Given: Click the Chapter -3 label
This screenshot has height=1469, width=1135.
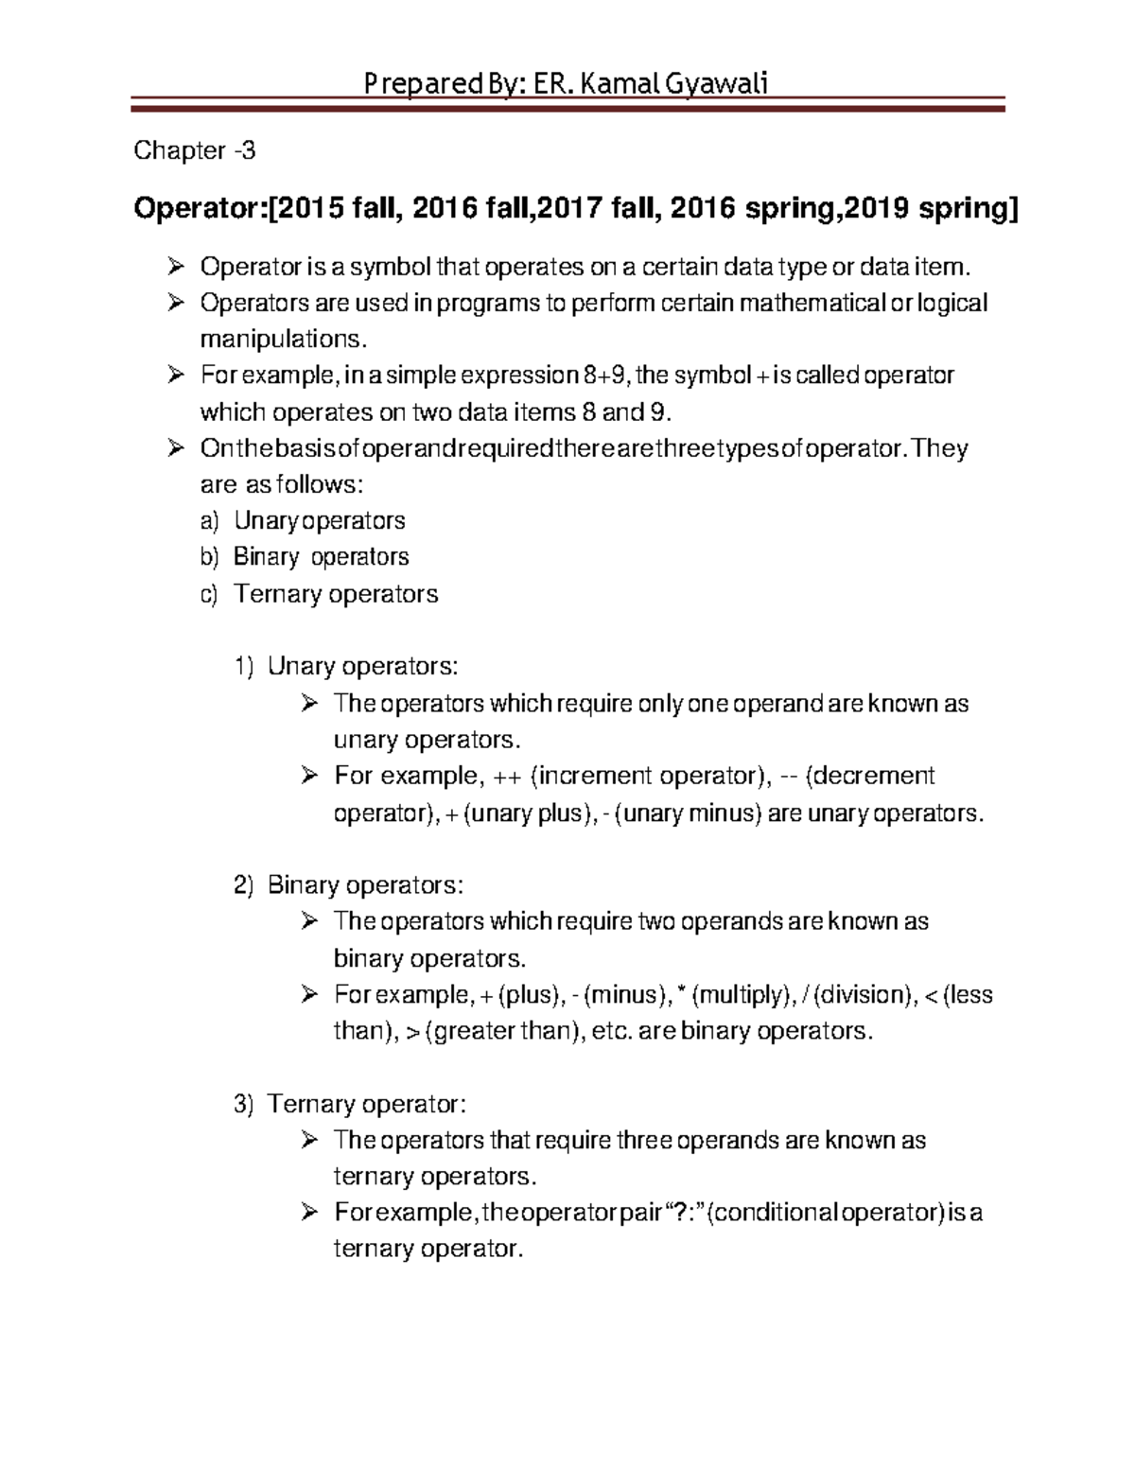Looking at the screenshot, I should (x=194, y=150).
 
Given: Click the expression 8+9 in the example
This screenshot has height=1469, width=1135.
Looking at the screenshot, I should (x=603, y=376).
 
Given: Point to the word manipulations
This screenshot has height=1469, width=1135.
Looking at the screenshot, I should (x=281, y=339).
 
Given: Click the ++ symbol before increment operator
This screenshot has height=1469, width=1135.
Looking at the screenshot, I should (x=507, y=776).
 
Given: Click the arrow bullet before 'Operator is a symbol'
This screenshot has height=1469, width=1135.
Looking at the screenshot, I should (x=175, y=268).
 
